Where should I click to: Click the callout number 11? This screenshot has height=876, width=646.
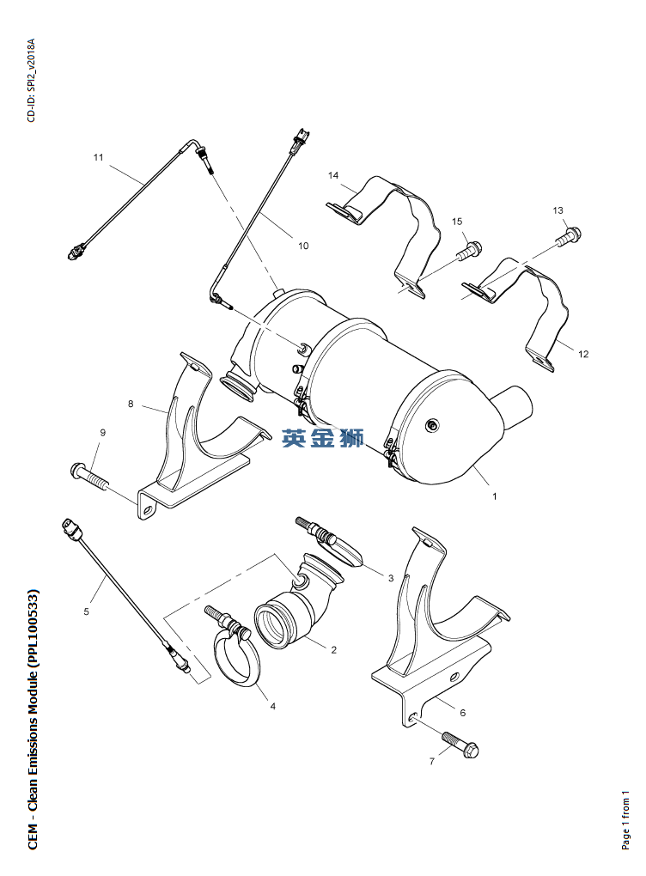click(x=98, y=157)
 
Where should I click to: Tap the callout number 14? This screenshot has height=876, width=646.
click(x=333, y=175)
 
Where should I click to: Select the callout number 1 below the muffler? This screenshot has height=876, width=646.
click(x=494, y=496)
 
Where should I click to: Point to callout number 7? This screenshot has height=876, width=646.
click(x=431, y=762)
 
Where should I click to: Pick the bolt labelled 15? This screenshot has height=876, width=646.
click(x=469, y=250)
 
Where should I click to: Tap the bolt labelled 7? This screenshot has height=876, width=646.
click(x=460, y=745)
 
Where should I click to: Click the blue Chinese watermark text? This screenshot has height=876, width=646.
click(x=323, y=437)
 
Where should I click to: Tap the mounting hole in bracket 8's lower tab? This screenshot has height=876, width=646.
click(x=149, y=509)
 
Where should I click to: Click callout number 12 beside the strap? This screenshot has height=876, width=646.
click(x=583, y=354)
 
